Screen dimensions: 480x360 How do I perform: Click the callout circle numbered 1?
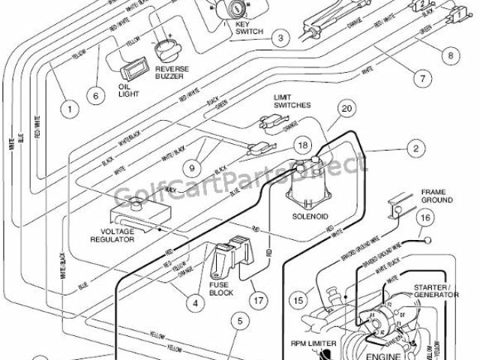click(68, 109)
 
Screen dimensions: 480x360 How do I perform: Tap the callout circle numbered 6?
click(95, 95)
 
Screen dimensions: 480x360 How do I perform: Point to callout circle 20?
click(345, 109)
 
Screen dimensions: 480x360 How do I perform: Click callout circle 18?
click(302, 145)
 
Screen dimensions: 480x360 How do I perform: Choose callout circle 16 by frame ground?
click(424, 219)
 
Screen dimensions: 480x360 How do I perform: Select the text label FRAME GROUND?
click(436, 196)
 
